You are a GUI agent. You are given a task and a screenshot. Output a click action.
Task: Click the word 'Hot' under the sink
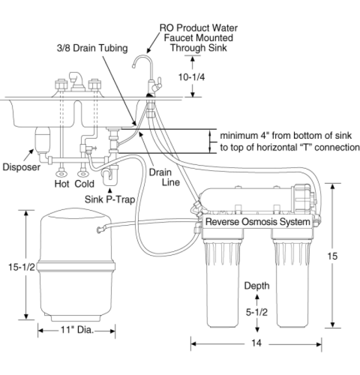click(x=62, y=184)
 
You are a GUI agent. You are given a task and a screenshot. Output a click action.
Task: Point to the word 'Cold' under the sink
click(x=85, y=184)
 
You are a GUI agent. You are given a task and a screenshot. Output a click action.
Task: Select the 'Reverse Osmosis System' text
click(x=257, y=222)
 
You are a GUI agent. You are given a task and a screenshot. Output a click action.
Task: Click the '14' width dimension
click(x=256, y=343)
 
